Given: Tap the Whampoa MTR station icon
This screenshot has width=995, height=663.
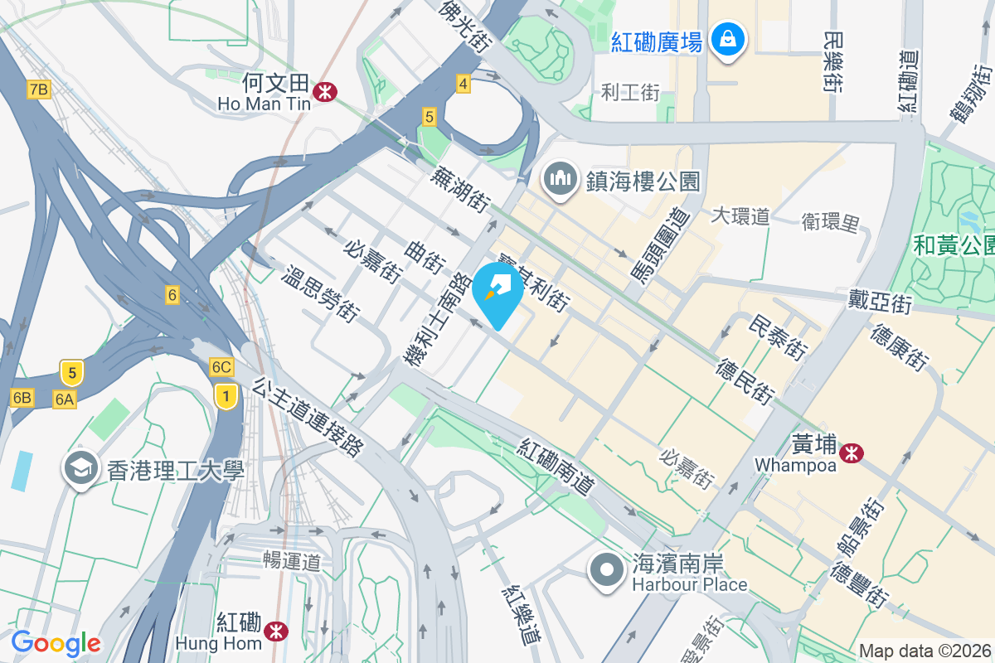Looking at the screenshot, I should (x=851, y=452).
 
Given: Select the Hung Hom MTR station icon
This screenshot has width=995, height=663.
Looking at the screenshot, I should (x=276, y=632).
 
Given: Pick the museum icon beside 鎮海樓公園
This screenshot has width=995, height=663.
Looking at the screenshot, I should (x=561, y=178).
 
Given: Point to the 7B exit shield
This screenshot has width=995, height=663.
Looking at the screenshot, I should (x=39, y=89).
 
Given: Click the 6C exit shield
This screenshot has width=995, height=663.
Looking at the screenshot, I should (x=221, y=367).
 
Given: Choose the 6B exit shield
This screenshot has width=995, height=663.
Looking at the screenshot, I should (x=22, y=398).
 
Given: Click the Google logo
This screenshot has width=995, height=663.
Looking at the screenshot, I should (x=56, y=643).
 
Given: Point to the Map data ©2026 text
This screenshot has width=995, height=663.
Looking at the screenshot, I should (x=925, y=651).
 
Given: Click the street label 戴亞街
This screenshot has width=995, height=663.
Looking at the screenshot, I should (x=880, y=302).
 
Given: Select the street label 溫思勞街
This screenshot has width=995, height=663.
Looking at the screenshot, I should (x=323, y=293).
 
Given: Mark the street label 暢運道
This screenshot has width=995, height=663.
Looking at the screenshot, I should (x=291, y=562).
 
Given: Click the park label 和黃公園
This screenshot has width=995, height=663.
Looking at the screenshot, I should (x=954, y=245).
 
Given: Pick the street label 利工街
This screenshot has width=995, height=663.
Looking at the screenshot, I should (x=630, y=92).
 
